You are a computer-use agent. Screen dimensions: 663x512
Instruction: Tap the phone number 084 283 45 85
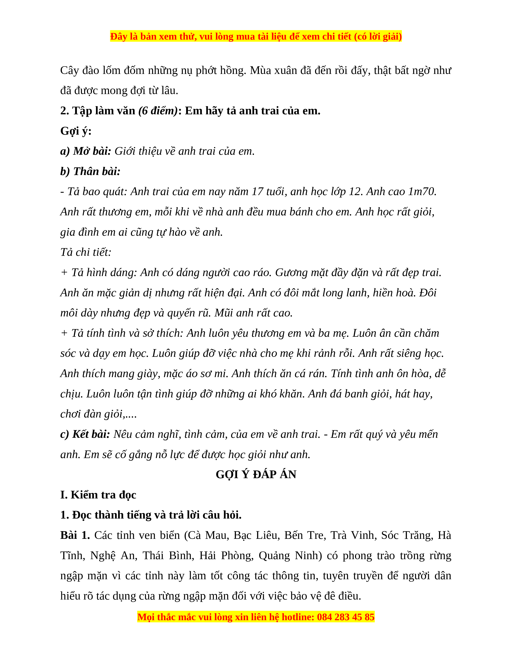[346, 617]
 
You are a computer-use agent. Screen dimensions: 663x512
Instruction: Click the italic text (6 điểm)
[158, 111]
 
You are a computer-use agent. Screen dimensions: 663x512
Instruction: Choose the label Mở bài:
[92, 151]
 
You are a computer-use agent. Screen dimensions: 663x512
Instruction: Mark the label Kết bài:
[91, 434]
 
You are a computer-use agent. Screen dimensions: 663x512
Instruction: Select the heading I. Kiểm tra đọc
[98, 495]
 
